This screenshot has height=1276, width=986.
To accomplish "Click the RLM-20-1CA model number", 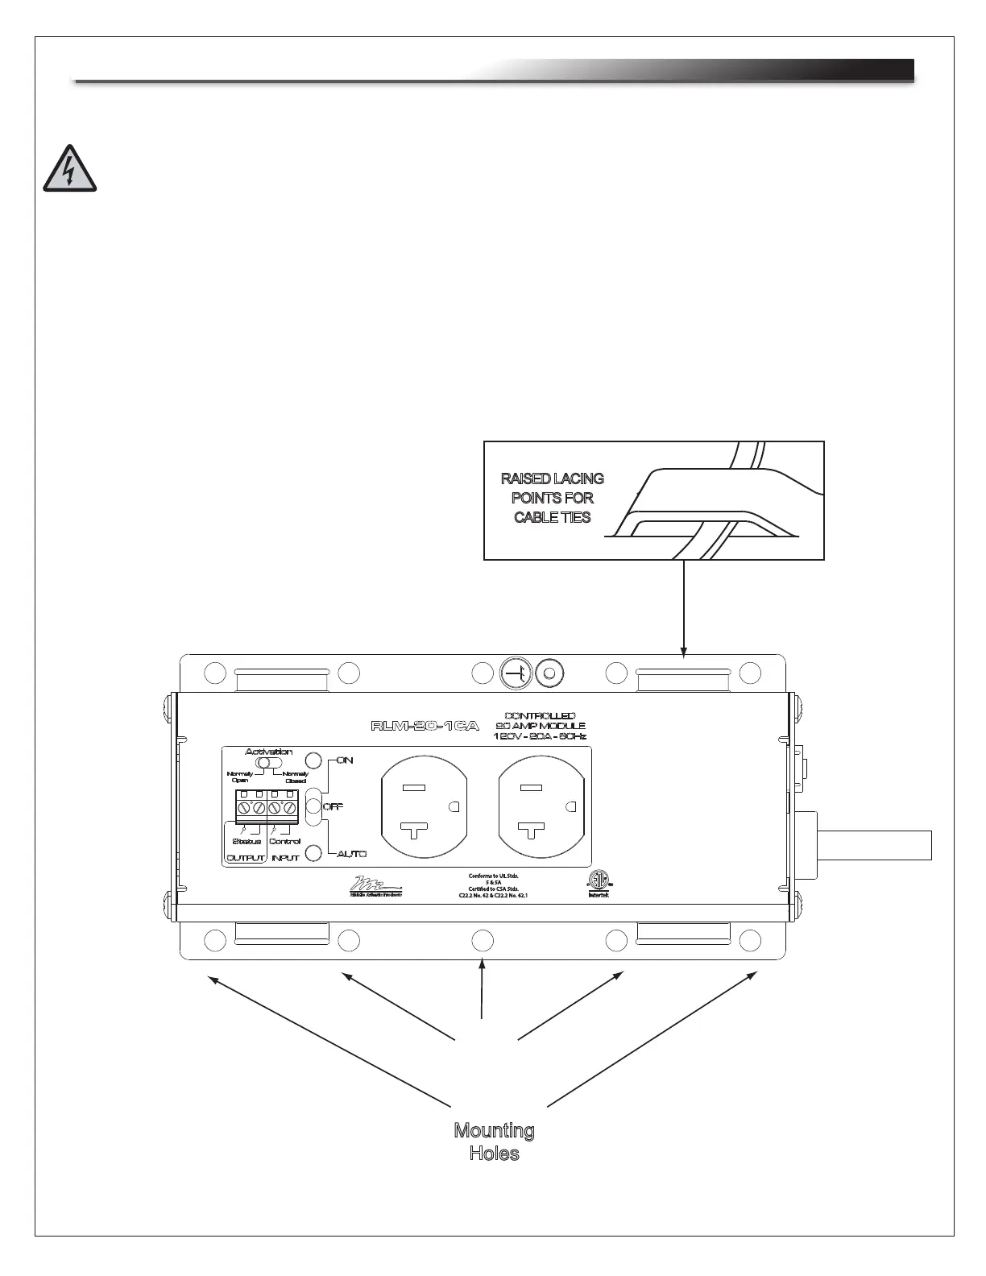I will pyautogui.click(x=425, y=725).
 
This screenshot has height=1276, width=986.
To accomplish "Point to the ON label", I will pyautogui.click(x=345, y=760).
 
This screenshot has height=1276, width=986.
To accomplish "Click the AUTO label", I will pyautogui.click(x=352, y=853).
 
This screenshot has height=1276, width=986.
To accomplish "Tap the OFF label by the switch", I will pyautogui.click(x=333, y=806).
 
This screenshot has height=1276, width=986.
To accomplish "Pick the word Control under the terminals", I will pyautogui.click(x=284, y=841).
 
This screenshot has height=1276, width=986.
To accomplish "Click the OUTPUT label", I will pyautogui.click(x=245, y=858).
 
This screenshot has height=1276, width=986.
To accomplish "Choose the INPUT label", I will pyautogui.click(x=285, y=858).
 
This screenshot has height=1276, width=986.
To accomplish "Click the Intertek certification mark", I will pyautogui.click(x=599, y=882).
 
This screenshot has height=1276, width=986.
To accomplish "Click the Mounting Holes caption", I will pyautogui.click(x=494, y=1141).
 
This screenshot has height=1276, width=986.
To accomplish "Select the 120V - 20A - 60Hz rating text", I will pyautogui.click(x=540, y=736).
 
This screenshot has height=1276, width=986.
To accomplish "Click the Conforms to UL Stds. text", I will pyautogui.click(x=494, y=876).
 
